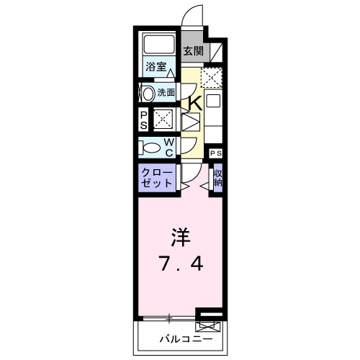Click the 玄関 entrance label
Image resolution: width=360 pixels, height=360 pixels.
click(x=192, y=51)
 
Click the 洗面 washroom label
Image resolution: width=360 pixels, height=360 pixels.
click(x=166, y=91)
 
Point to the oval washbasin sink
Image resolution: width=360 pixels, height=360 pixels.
click(x=148, y=92)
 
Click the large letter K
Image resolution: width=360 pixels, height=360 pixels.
click(x=194, y=104)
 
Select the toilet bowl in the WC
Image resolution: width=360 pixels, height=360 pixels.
click(x=150, y=147)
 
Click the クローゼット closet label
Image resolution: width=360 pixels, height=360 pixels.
click(x=156, y=178)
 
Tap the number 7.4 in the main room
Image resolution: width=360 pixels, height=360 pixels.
click(x=180, y=264)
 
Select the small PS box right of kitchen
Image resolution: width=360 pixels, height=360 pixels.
click(x=216, y=153)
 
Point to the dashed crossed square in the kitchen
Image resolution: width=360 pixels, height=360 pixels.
click(x=212, y=76)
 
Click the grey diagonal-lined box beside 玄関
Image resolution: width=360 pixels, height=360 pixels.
click(x=215, y=52)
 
